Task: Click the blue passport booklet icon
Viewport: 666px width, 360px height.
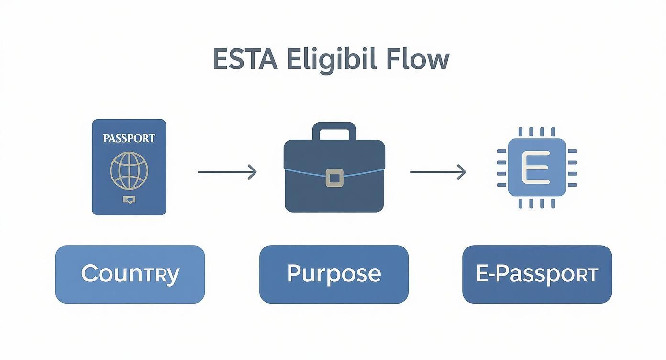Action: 129,167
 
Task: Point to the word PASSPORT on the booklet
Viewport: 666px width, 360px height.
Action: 129,138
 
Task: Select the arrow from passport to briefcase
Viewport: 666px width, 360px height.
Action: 227,172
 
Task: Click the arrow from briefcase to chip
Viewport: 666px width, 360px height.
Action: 438,172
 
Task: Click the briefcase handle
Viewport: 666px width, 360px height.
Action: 334,130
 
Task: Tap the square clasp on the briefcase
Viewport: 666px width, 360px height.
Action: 334,178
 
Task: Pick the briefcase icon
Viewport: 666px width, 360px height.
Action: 334,175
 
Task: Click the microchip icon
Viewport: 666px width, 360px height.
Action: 536,168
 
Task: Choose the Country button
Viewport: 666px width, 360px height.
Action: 130,274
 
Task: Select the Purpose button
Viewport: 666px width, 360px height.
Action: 333,274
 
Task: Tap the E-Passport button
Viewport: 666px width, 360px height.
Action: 537,274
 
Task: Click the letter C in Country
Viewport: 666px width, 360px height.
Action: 89,274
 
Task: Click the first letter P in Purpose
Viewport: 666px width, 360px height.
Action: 294,273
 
